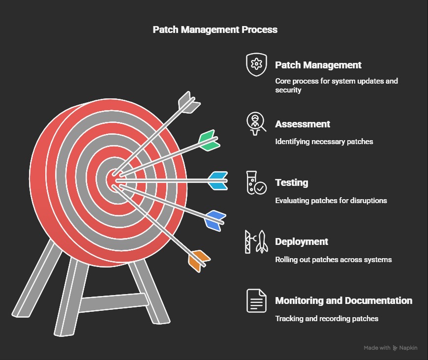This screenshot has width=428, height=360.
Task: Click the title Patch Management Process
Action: tap(215, 30)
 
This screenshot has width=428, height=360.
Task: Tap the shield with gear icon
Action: tap(256, 64)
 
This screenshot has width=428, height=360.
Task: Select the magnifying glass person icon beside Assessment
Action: tap(256, 124)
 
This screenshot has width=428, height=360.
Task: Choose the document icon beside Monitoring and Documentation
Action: tap(256, 300)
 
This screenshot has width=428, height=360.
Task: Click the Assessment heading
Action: tap(303, 124)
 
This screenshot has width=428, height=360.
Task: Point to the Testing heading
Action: tap(292, 182)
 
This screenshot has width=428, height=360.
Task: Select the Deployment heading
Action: tap(302, 242)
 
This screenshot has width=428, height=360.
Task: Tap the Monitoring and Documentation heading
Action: tap(344, 300)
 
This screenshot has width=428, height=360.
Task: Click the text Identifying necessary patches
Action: tap(324, 142)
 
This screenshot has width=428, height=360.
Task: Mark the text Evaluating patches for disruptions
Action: tap(331, 201)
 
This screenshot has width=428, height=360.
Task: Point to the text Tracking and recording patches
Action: tap(327, 319)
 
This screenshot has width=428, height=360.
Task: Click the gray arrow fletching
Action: tap(189, 103)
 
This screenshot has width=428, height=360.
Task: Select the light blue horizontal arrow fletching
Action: tap(218, 180)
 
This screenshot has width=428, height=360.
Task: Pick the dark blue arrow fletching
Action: tap(215, 220)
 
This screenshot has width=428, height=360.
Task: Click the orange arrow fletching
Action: tap(199, 261)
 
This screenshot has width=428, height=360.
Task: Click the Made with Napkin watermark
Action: tap(391, 348)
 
